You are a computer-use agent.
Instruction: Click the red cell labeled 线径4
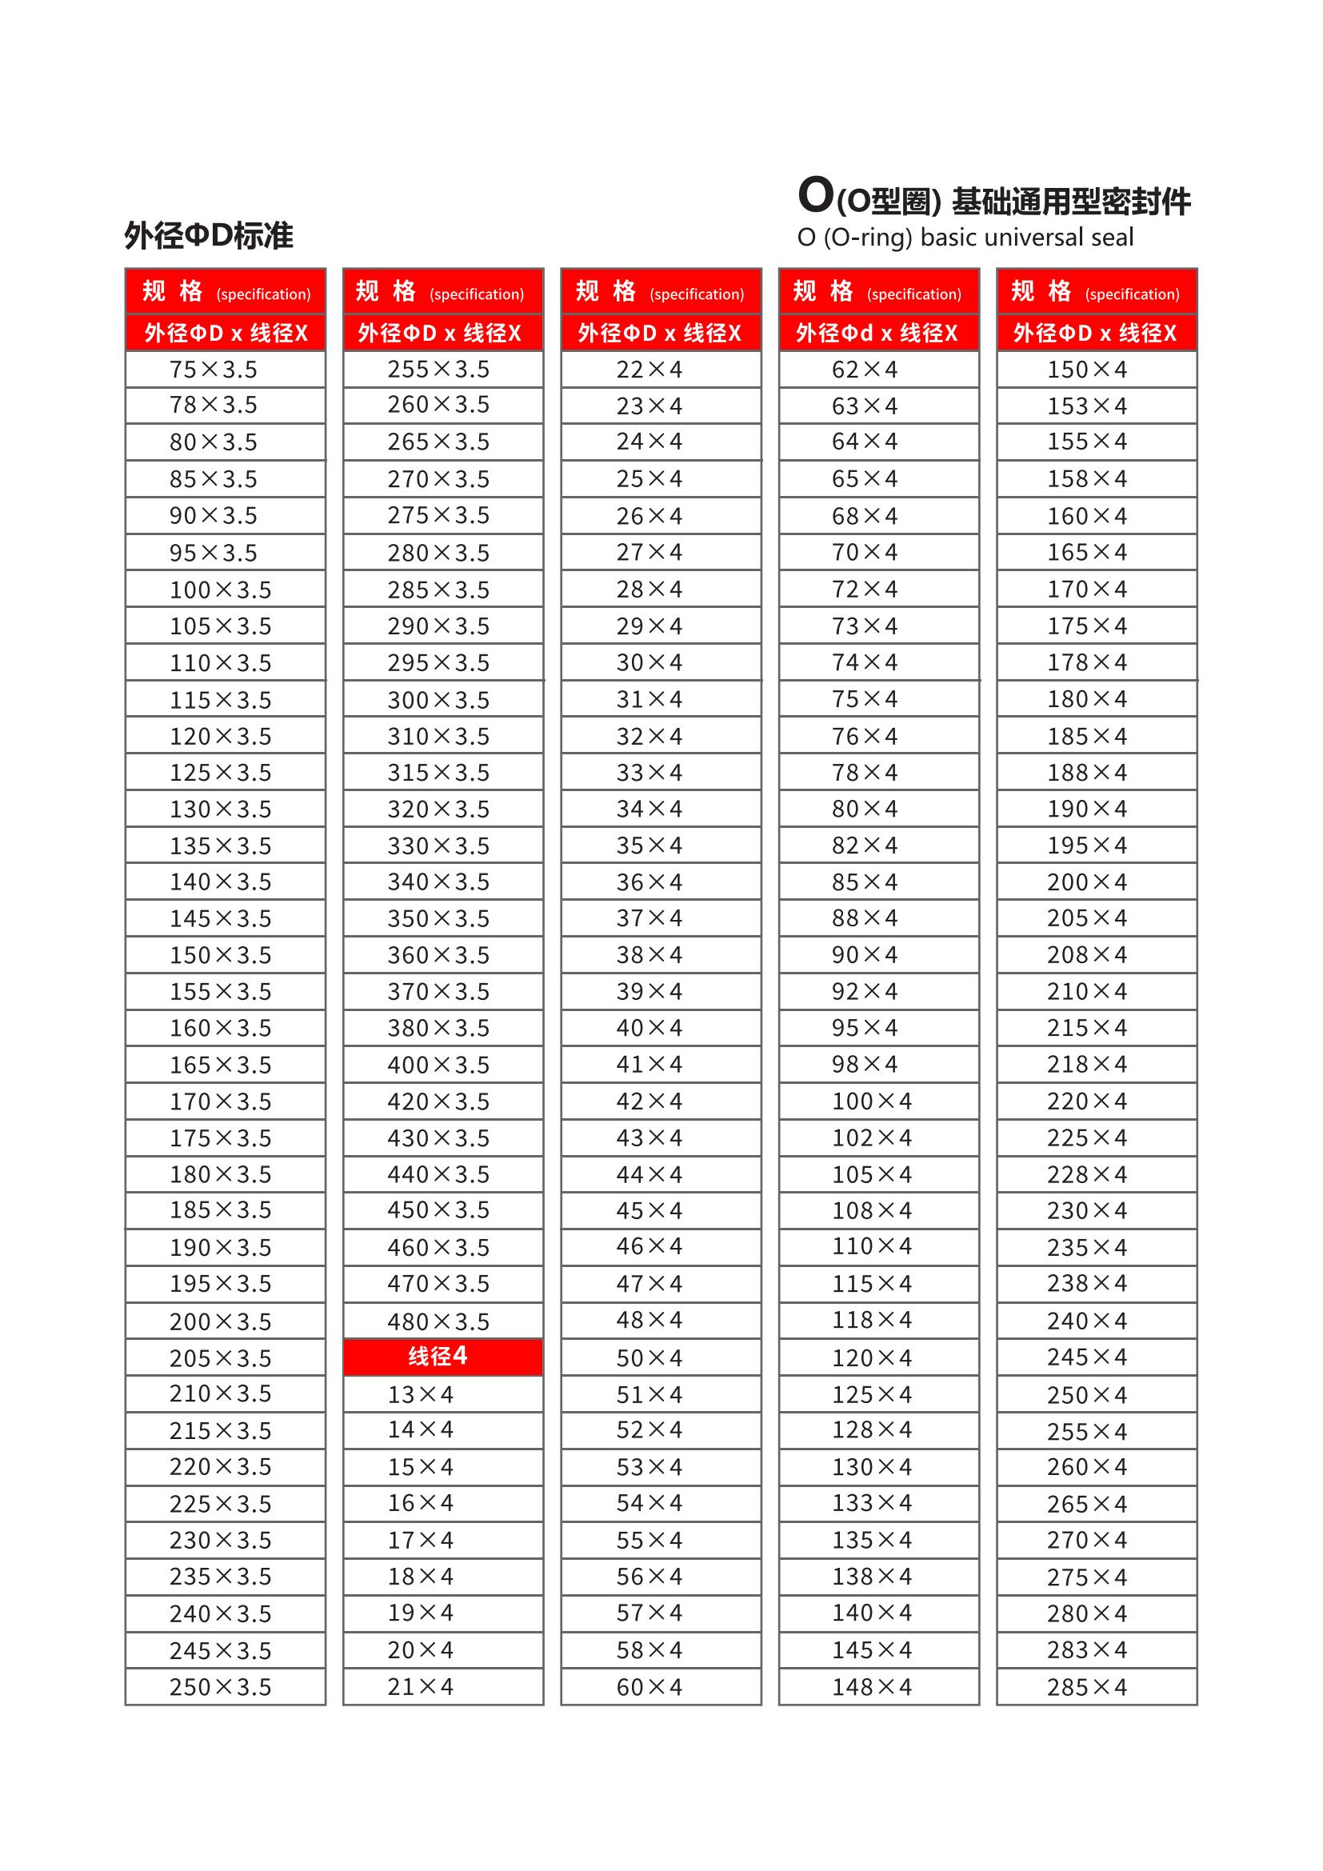point(442,1356)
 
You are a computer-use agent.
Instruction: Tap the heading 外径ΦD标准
point(209,235)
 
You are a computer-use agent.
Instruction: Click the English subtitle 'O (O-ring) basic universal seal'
point(965,237)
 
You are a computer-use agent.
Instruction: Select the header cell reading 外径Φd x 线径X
point(877,333)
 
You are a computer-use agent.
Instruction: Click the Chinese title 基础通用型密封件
point(1070,202)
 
